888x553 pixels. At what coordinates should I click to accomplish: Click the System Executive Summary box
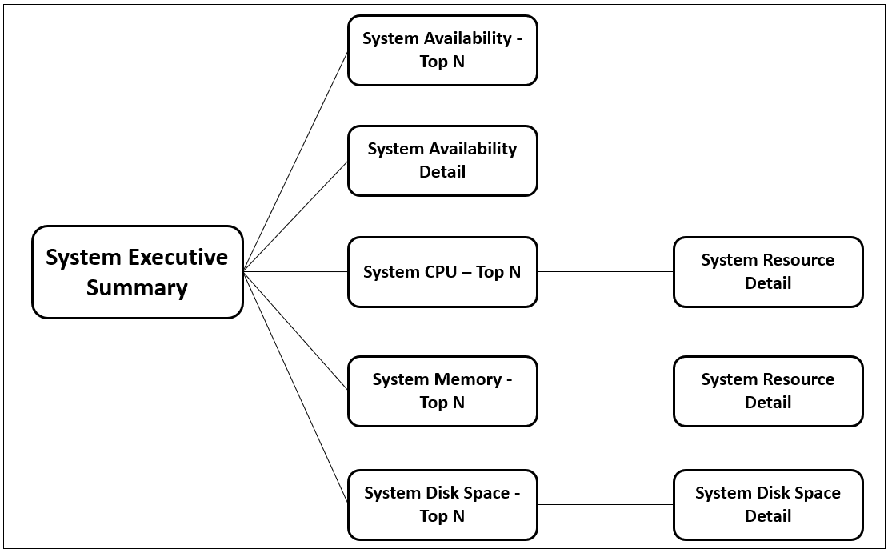[137, 272]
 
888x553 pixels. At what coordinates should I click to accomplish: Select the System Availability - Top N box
[442, 50]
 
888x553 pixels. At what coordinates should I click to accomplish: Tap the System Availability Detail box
[442, 160]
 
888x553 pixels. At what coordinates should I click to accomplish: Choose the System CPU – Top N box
[442, 272]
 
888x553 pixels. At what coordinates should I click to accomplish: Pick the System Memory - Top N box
[442, 391]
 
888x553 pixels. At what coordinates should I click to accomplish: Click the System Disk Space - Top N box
[442, 504]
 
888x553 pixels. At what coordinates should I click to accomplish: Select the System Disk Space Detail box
[768, 504]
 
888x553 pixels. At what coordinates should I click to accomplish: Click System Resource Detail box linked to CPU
[768, 272]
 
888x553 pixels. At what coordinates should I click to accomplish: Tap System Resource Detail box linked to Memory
[768, 391]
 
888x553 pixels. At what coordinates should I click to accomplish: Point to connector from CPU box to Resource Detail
[605, 272]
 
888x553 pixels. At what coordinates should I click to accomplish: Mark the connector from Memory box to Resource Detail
[605, 391]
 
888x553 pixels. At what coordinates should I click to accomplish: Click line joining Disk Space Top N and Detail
[605, 504]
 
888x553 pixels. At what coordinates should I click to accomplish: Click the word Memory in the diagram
[468, 379]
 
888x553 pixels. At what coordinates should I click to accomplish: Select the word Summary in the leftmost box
[137, 288]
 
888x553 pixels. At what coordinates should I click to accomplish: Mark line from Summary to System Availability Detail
[296, 216]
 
